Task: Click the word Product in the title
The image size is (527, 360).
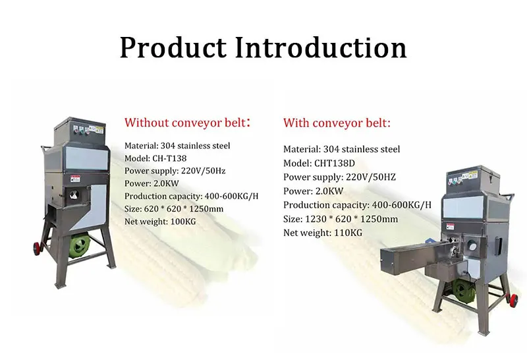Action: coord(173,47)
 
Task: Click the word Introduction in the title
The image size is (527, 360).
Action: coord(321,47)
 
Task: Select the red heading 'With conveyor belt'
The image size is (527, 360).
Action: coord(336,123)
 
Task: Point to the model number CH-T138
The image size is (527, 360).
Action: coord(169,158)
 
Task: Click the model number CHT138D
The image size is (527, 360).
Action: coord(335,163)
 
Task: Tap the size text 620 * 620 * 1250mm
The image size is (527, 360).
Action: coord(184,208)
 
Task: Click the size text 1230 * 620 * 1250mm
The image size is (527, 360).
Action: coord(351,219)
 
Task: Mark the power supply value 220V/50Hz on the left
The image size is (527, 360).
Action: coord(203,171)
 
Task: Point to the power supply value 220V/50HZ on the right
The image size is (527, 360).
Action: coord(371,177)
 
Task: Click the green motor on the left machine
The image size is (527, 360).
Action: coord(79,246)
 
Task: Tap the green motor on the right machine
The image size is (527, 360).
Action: coord(464,291)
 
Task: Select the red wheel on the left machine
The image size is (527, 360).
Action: coord(37,249)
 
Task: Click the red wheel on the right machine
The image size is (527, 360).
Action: coord(514,300)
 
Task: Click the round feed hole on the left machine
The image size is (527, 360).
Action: coord(74,194)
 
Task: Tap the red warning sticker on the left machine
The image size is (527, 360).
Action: coord(75,179)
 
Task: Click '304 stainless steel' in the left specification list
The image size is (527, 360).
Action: coord(195,146)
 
